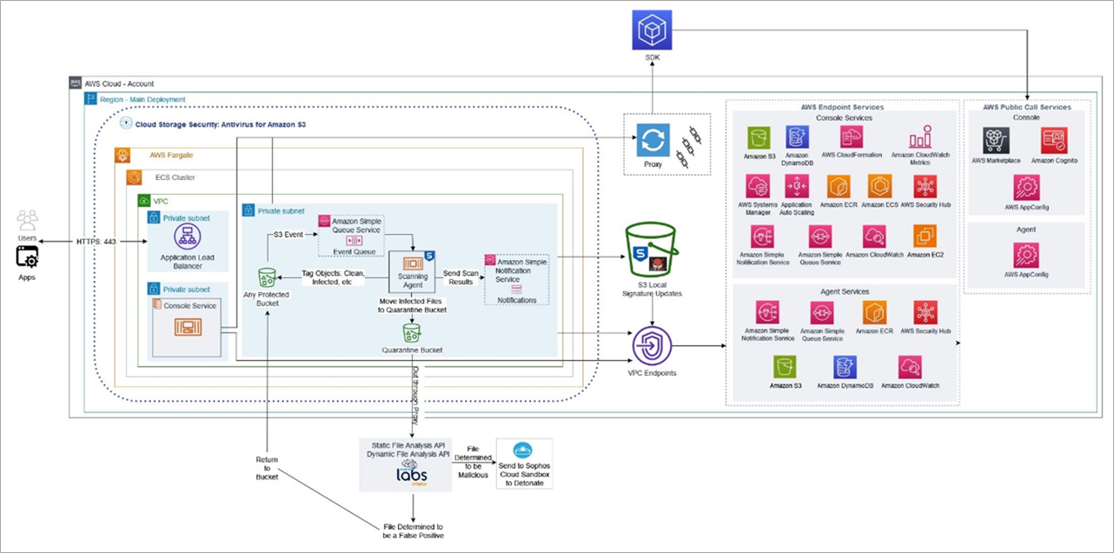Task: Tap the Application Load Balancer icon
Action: (x=182, y=237)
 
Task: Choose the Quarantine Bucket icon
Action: (x=412, y=331)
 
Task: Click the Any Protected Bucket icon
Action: (x=268, y=277)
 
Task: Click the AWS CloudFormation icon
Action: (x=852, y=137)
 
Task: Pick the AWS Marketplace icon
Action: (x=996, y=140)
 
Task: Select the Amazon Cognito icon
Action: (x=1053, y=140)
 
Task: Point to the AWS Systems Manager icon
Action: (x=759, y=187)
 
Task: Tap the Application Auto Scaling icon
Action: (x=798, y=187)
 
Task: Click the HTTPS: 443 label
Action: (x=97, y=241)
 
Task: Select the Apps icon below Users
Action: (x=27, y=257)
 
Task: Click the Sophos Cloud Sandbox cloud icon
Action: (x=524, y=450)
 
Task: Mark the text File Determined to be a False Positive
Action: (x=413, y=531)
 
